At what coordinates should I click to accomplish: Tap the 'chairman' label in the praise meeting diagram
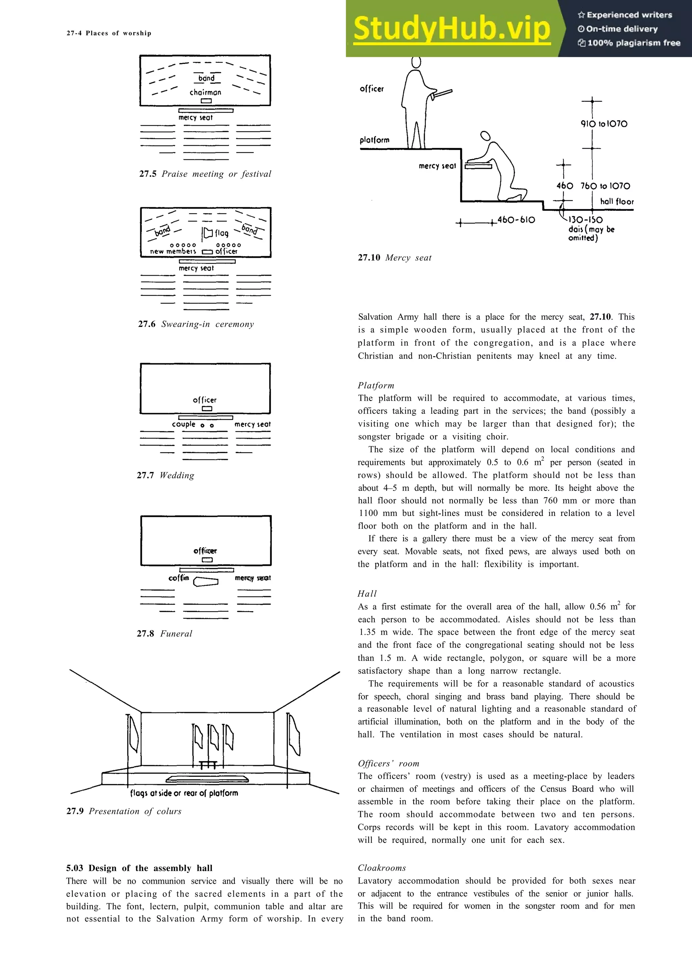(x=205, y=92)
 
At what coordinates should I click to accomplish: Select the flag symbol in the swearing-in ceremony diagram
(x=208, y=233)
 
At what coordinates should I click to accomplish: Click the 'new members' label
(x=173, y=251)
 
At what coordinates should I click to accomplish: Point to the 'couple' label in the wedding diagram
(x=183, y=424)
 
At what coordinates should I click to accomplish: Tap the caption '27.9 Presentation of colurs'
(x=124, y=811)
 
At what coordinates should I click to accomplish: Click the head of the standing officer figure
(x=417, y=62)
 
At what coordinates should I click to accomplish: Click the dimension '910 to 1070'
(x=604, y=124)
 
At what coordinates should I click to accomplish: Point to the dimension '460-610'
(x=516, y=220)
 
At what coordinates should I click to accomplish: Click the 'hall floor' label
(x=617, y=201)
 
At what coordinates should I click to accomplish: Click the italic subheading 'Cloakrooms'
(x=381, y=868)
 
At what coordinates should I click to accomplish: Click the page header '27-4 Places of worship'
(x=109, y=33)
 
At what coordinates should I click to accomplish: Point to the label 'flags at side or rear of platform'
(x=184, y=793)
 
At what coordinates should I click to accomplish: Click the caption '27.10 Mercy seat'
(x=394, y=257)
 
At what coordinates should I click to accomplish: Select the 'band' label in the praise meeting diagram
(x=206, y=78)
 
